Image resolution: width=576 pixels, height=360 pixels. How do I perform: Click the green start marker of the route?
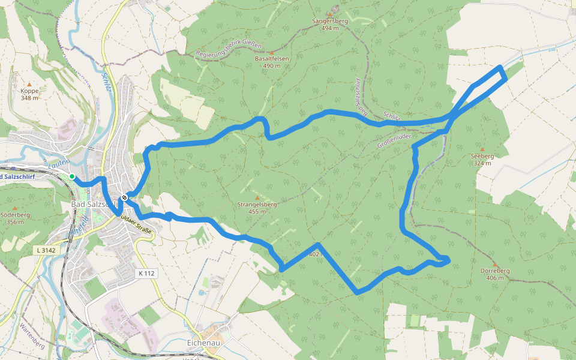coord(72,176)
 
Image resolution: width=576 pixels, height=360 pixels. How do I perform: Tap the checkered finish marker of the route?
coord(124,197)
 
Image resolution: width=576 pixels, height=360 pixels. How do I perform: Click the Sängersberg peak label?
coord(330,21)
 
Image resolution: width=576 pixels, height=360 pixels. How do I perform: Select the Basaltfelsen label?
coord(272,59)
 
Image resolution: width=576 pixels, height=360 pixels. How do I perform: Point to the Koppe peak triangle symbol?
coord(29,84)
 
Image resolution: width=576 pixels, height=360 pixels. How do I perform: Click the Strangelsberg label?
coord(257,205)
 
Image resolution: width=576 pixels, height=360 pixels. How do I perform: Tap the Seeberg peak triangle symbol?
coord(482,149)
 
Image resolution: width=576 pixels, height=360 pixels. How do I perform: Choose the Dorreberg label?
coord(495,271)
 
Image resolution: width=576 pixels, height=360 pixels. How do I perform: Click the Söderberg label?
coord(16,214)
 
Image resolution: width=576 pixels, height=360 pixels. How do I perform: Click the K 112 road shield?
coord(146,273)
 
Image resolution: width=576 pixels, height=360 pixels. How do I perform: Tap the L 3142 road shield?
coord(46,249)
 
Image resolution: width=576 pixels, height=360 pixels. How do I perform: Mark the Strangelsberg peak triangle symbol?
coord(257,197)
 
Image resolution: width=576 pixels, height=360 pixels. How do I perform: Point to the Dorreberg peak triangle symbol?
coord(495,263)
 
